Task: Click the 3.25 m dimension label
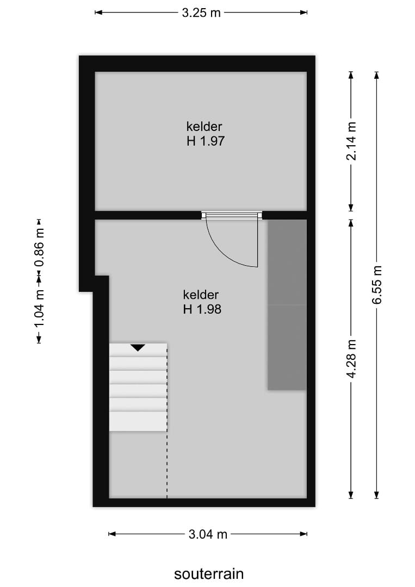(201, 13)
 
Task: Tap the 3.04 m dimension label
(208, 534)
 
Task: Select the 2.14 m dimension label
(351, 141)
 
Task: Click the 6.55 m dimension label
(377, 285)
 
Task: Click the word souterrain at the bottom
(209, 574)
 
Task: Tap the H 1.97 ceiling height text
(205, 141)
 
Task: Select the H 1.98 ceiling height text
(202, 310)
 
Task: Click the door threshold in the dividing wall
(231, 215)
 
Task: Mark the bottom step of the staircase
(138, 421)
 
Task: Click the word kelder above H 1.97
(205, 127)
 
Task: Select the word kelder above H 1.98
(201, 295)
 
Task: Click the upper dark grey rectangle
(287, 262)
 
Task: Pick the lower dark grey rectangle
(287, 347)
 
